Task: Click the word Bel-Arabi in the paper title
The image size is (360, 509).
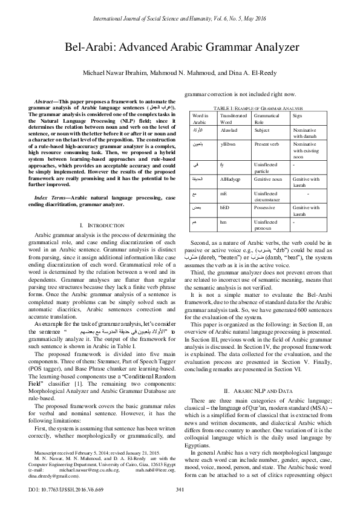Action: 107,47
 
